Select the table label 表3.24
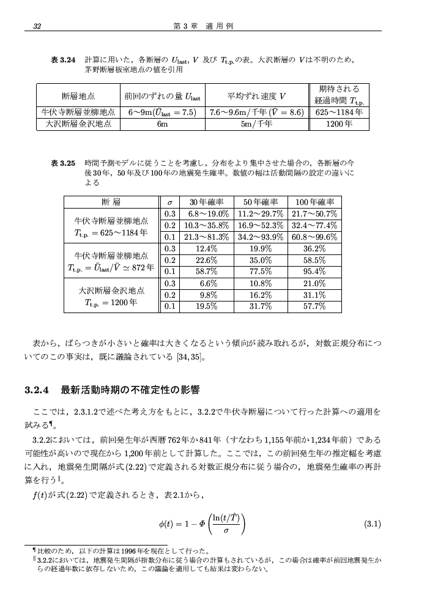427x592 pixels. coord(63,60)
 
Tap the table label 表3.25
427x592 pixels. coord(63,163)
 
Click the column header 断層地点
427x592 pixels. coord(78,96)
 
